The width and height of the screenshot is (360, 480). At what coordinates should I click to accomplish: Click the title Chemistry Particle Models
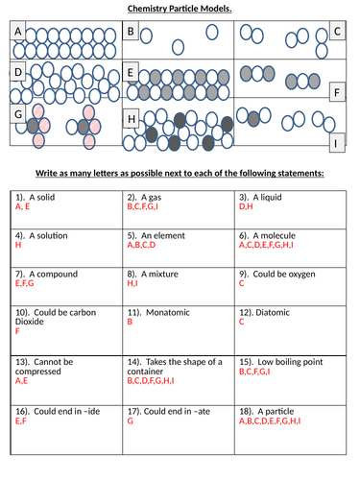[180, 10]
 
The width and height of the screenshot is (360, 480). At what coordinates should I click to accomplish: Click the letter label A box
[17, 32]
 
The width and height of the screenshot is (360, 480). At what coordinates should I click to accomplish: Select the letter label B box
[132, 32]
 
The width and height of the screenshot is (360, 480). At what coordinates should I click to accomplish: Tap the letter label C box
[336, 32]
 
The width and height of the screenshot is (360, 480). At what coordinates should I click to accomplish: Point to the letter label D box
[17, 72]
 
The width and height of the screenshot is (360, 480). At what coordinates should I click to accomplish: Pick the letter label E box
[132, 72]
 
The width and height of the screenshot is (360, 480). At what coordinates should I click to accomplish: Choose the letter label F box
[336, 93]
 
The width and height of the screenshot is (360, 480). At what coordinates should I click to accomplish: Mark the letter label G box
[17, 114]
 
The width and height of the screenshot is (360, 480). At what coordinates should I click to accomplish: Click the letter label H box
[132, 119]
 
